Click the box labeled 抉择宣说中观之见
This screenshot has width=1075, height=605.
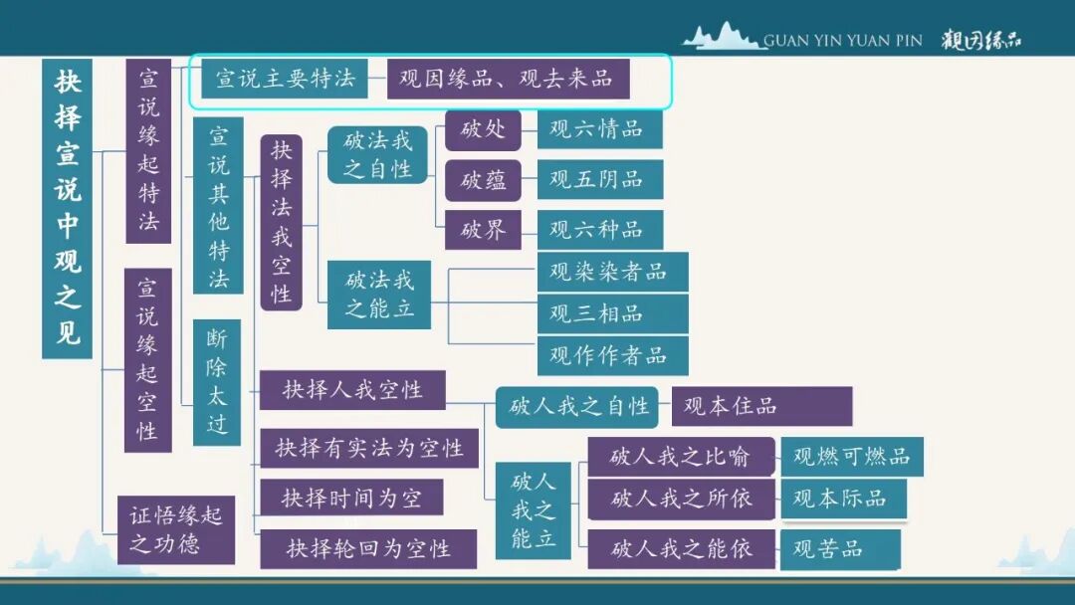point(68,208)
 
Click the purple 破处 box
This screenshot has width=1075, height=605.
point(483,129)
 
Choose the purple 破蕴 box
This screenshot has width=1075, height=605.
point(483,180)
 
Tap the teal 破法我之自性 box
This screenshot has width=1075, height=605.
point(377,155)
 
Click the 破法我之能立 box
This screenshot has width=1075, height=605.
point(379,295)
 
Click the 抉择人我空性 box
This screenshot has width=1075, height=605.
point(352,390)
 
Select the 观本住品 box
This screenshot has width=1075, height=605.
point(761,406)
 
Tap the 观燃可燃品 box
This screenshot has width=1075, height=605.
point(852,457)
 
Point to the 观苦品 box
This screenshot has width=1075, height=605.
point(840,549)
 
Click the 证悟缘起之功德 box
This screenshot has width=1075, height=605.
point(176,529)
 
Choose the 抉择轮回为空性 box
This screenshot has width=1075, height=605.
point(368,549)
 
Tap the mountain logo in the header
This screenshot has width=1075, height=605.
point(723,37)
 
